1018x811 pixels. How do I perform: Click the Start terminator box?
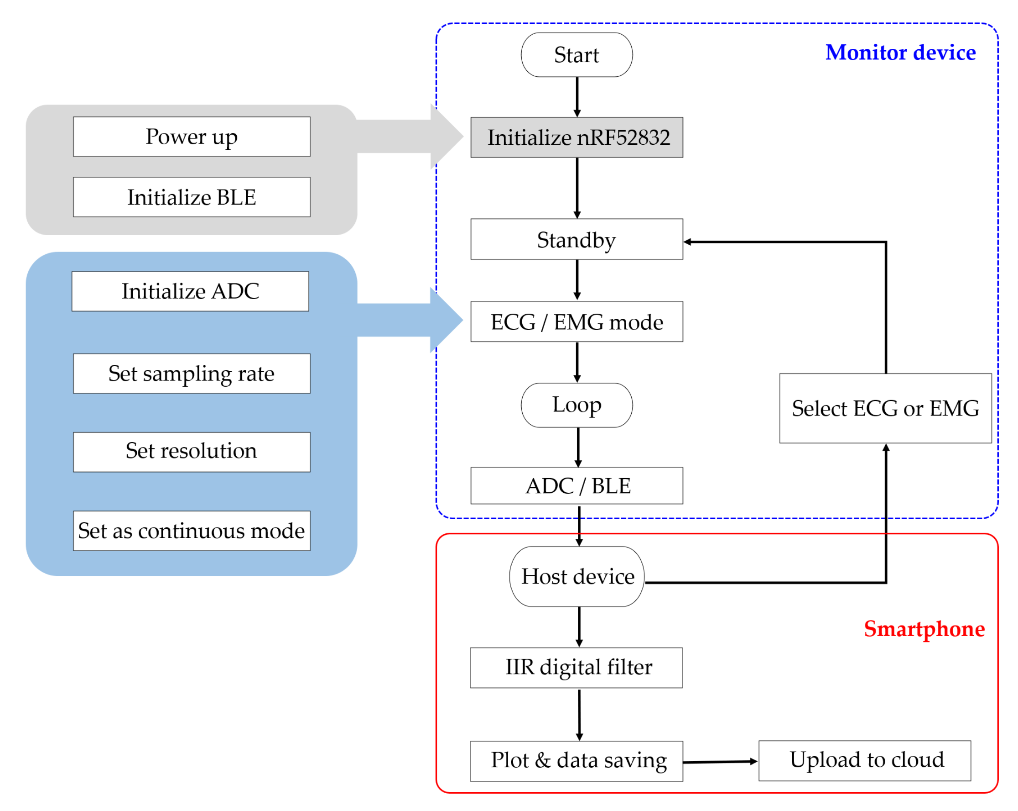(577, 55)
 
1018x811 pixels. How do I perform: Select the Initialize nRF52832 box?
(577, 137)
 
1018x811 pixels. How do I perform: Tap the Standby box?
(577, 239)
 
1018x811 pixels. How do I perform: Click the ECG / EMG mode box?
(577, 321)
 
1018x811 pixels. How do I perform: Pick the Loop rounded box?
(577, 405)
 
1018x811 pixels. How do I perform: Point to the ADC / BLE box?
(577, 485)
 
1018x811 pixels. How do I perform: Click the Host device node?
(577, 577)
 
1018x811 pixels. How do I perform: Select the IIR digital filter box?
(576, 667)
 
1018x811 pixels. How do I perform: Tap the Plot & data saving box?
(576, 761)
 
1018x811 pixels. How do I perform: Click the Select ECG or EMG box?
(885, 408)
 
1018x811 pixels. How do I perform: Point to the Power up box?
(192, 137)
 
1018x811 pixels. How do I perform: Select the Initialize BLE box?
(192, 197)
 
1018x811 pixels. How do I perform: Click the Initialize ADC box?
(190, 291)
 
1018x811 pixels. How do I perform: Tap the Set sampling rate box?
(192, 374)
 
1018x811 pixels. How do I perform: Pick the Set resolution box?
(192, 452)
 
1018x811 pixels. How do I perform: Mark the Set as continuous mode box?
(192, 530)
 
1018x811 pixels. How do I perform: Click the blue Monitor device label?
(900, 53)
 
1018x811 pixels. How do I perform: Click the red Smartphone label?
(924, 629)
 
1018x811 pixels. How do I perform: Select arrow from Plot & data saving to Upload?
(720, 761)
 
